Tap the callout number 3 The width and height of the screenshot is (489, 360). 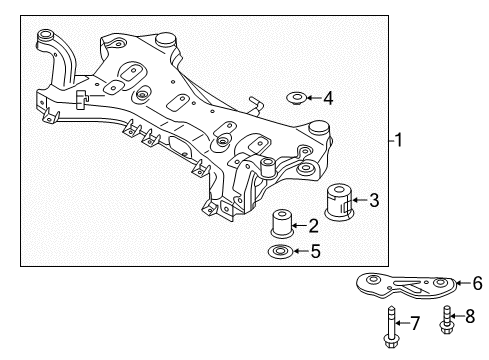[373, 201]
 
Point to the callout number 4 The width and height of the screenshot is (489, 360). [328, 97]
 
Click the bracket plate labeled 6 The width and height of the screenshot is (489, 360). [405, 286]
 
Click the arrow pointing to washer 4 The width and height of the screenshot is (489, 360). [313, 97]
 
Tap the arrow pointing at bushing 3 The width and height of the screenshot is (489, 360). [358, 201]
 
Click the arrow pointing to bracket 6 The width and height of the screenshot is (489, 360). [460, 283]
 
